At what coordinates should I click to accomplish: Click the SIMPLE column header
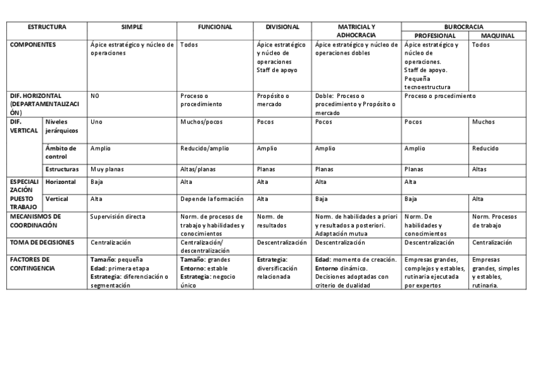click(x=132, y=27)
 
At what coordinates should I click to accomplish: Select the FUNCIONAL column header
click(x=215, y=27)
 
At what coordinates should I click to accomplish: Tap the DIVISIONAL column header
click(x=282, y=27)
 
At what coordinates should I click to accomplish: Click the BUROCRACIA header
click(x=464, y=27)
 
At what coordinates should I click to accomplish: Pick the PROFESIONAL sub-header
click(x=435, y=36)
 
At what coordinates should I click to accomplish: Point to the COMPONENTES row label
click(x=33, y=45)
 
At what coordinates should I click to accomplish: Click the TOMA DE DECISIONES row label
click(x=43, y=242)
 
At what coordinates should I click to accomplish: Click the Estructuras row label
click(x=62, y=169)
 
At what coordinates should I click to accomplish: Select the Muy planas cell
click(x=106, y=169)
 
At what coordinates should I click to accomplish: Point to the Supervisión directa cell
click(x=118, y=217)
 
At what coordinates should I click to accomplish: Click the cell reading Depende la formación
click(x=212, y=198)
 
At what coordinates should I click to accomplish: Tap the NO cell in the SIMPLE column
click(x=95, y=96)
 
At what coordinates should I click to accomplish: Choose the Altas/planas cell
click(x=199, y=169)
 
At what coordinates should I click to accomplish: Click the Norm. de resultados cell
click(x=272, y=220)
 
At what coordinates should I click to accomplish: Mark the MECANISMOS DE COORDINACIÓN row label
click(x=36, y=220)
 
